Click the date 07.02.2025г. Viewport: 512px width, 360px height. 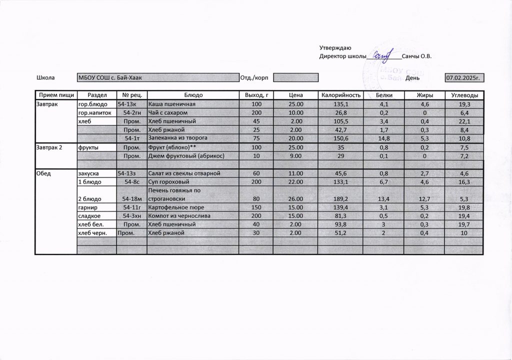(464, 78)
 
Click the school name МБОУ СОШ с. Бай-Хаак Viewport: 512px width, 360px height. (107, 78)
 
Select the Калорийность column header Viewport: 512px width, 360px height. (340, 95)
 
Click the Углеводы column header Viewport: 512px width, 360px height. (464, 95)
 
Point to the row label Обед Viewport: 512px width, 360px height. (44, 173)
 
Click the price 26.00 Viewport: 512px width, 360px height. (296, 199)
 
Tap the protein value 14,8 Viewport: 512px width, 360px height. (384, 138)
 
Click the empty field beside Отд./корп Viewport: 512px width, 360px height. (296, 78)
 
